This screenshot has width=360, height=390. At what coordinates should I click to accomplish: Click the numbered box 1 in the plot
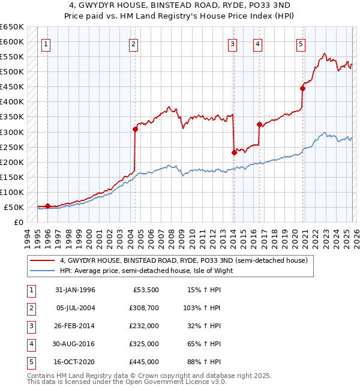47,43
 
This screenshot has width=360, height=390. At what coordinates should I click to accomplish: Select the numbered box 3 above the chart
232,43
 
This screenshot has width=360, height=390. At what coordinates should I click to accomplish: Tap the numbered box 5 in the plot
301,43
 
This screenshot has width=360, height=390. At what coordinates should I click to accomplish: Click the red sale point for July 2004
135,128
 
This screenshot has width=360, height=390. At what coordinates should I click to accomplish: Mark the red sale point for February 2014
234,152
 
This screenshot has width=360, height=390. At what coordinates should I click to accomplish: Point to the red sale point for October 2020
302,88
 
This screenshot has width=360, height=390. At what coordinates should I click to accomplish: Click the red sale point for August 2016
260,124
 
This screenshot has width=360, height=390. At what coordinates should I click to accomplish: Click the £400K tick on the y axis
12,102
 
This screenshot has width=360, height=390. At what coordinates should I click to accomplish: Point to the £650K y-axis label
12,27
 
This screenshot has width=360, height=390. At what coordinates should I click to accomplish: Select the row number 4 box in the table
30,344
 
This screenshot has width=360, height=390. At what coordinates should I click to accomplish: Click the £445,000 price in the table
144,362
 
